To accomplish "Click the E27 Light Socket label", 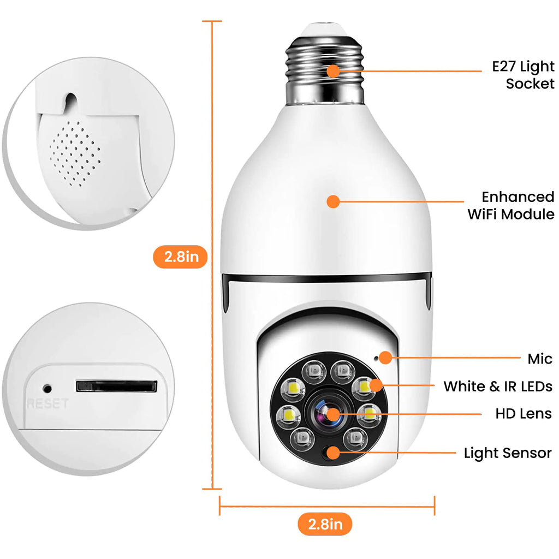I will pyautogui.click(x=522, y=75).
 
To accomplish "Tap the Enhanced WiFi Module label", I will pyautogui.click(x=510, y=205).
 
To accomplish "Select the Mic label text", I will pyautogui.click(x=539, y=359).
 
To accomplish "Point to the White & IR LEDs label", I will pyautogui.click(x=497, y=386).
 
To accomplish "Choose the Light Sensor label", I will pyautogui.click(x=507, y=453).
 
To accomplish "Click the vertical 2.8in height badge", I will pyautogui.click(x=180, y=257).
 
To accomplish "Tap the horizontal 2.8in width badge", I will pyautogui.click(x=325, y=525).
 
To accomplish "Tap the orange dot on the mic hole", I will pyautogui.click(x=385, y=358).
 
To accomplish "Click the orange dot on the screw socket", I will pyautogui.click(x=333, y=70).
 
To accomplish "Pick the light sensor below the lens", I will pyautogui.click(x=330, y=453).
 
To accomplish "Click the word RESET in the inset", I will pyautogui.click(x=47, y=404).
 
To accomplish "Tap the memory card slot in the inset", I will pyautogui.click(x=116, y=386).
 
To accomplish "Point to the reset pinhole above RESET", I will pyautogui.click(x=47, y=389).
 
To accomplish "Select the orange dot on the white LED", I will pyautogui.click(x=375, y=385).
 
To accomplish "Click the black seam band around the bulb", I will pyautogui.click(x=328, y=278).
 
